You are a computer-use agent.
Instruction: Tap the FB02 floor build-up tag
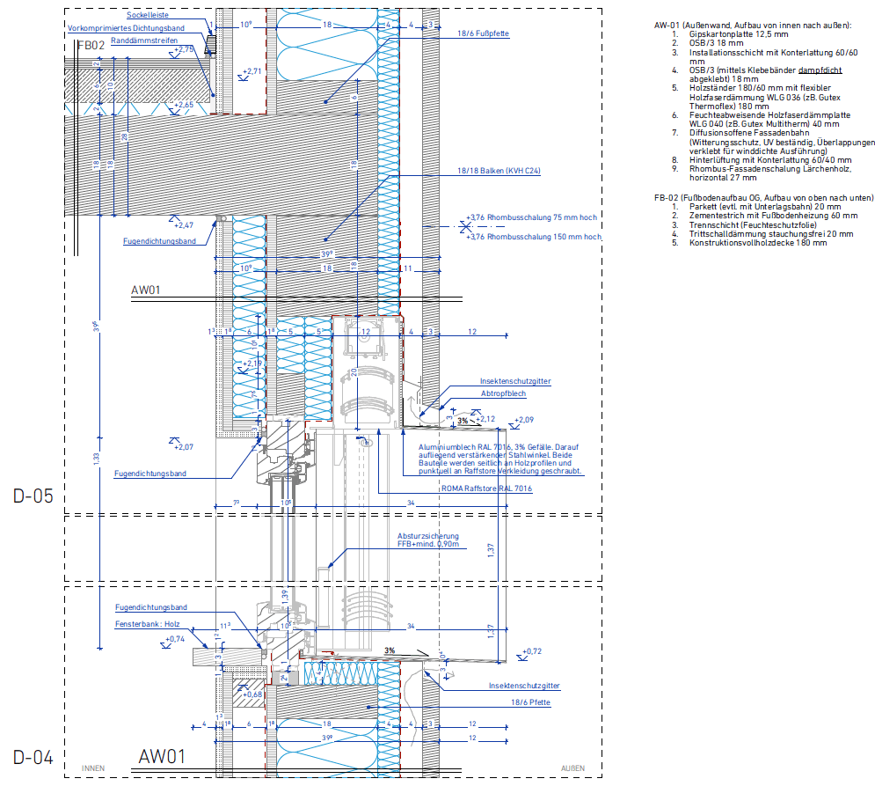coord(91,44)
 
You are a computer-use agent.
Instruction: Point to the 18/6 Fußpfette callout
coord(483,33)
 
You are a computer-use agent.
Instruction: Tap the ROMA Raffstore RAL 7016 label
coord(493,487)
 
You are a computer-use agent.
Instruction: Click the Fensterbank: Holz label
coord(144,624)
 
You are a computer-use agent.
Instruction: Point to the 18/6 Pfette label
coord(530,702)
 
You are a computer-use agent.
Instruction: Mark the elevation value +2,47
coord(184,226)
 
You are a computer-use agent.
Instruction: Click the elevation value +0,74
coord(175,639)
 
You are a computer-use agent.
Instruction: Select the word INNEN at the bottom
coord(93,768)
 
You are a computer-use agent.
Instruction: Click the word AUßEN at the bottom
coord(572,768)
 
